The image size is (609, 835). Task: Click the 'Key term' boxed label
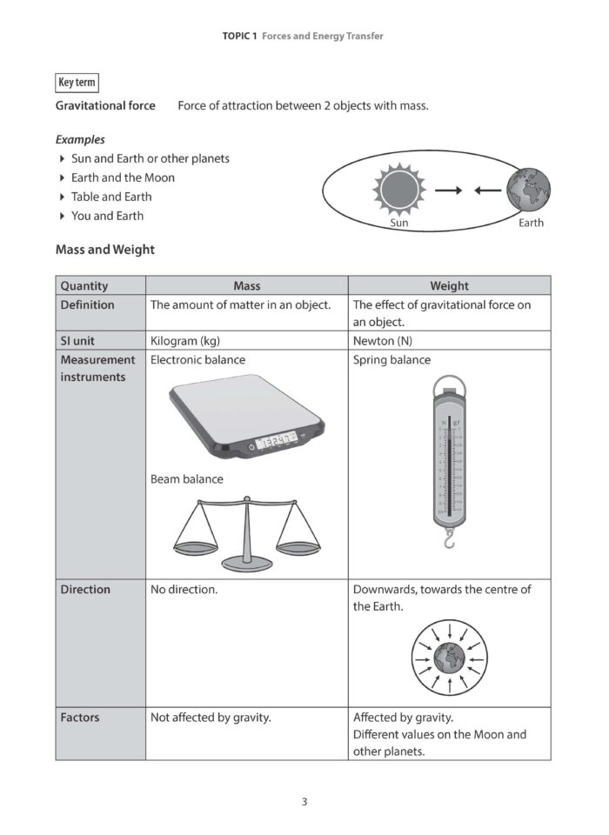pyautogui.click(x=77, y=83)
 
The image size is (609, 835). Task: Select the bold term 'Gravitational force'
pyautogui.click(x=105, y=106)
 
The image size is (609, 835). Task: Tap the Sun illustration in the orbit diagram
pyautogui.click(x=399, y=188)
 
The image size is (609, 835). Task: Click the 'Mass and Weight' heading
pyautogui.click(x=104, y=250)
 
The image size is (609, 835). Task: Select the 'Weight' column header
pyautogui.click(x=449, y=285)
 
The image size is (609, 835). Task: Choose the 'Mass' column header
pyautogui.click(x=246, y=285)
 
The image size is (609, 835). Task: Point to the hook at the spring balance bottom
pyautogui.click(x=448, y=541)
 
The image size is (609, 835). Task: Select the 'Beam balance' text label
pyautogui.click(x=186, y=479)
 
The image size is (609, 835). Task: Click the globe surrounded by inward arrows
pyautogui.click(x=448, y=657)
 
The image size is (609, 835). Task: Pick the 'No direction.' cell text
pyautogui.click(x=184, y=590)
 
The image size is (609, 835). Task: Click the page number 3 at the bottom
pyautogui.click(x=304, y=802)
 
